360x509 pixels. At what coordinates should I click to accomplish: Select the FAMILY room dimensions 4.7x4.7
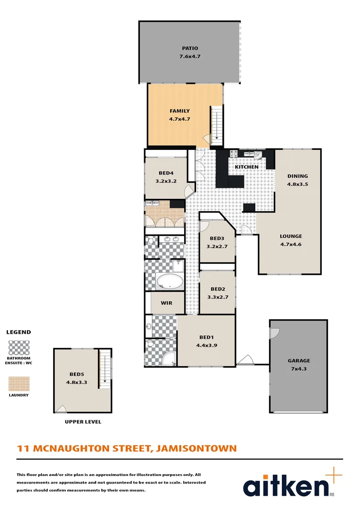click(180, 119)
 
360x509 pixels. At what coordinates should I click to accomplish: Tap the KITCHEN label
click(246, 167)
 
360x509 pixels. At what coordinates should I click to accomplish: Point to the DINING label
click(297, 176)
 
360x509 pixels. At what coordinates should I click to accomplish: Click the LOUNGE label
click(291, 236)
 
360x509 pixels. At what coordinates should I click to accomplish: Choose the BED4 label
click(165, 173)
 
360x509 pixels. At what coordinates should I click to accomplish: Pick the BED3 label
click(217, 238)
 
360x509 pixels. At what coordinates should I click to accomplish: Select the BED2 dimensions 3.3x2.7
click(218, 297)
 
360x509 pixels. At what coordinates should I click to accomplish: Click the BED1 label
click(206, 337)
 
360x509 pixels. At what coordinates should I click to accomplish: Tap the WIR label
click(166, 303)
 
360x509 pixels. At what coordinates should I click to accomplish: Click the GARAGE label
click(299, 361)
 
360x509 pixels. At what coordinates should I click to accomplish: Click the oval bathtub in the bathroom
click(170, 282)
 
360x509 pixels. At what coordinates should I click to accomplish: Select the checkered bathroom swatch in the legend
click(19, 348)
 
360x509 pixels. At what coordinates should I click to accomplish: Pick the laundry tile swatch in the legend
click(19, 384)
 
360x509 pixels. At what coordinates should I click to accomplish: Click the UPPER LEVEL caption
click(82, 422)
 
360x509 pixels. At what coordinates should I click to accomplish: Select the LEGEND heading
click(18, 332)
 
